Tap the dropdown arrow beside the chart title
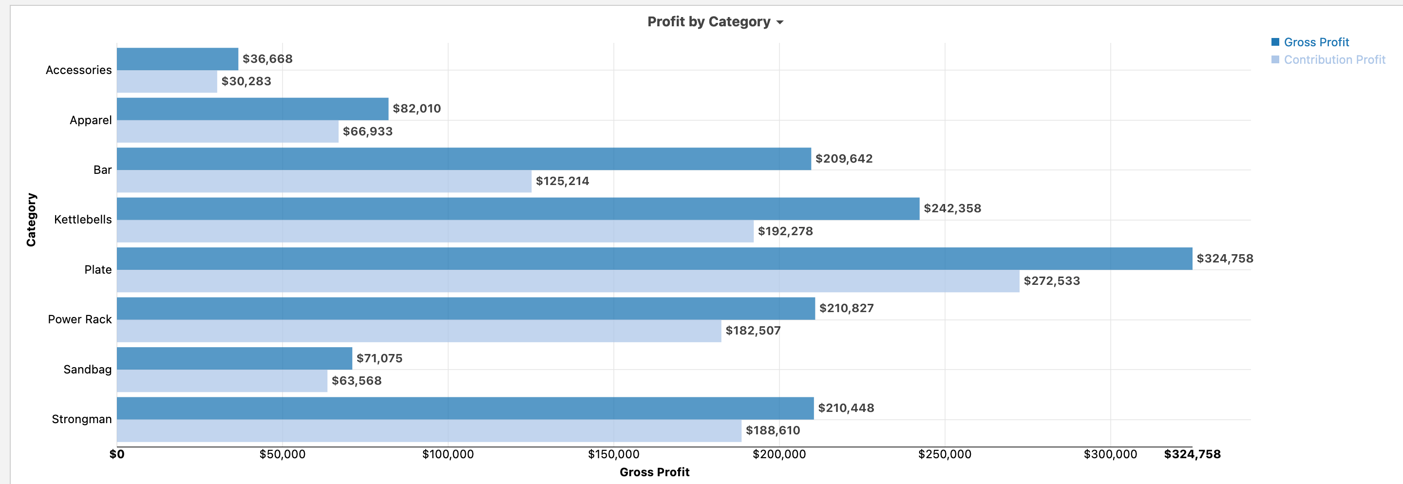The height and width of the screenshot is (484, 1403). [x=780, y=22]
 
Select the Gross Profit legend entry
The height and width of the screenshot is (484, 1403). [x=1315, y=42]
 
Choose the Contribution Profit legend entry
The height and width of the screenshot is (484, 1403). [x=1334, y=59]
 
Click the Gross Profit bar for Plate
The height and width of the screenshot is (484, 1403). [x=654, y=259]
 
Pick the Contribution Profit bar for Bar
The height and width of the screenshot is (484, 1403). [x=324, y=181]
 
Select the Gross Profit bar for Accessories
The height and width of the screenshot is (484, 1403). [x=177, y=59]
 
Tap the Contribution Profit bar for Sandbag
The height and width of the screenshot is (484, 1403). [x=222, y=381]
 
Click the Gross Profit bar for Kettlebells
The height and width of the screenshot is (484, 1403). [x=517, y=208]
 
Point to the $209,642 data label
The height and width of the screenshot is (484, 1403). [x=844, y=158]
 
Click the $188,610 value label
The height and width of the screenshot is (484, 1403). [x=772, y=430]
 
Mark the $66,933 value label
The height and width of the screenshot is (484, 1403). [x=368, y=131]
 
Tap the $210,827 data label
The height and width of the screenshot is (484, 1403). [x=846, y=308]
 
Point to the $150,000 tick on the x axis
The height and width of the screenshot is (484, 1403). [x=613, y=454]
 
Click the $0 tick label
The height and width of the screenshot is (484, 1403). [x=117, y=454]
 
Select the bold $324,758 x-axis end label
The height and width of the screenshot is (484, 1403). [x=1192, y=454]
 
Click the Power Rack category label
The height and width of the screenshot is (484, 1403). [x=79, y=319]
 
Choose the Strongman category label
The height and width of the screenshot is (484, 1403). [x=82, y=419]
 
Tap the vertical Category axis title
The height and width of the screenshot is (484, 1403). [x=31, y=220]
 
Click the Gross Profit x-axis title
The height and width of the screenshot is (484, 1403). [x=654, y=472]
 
